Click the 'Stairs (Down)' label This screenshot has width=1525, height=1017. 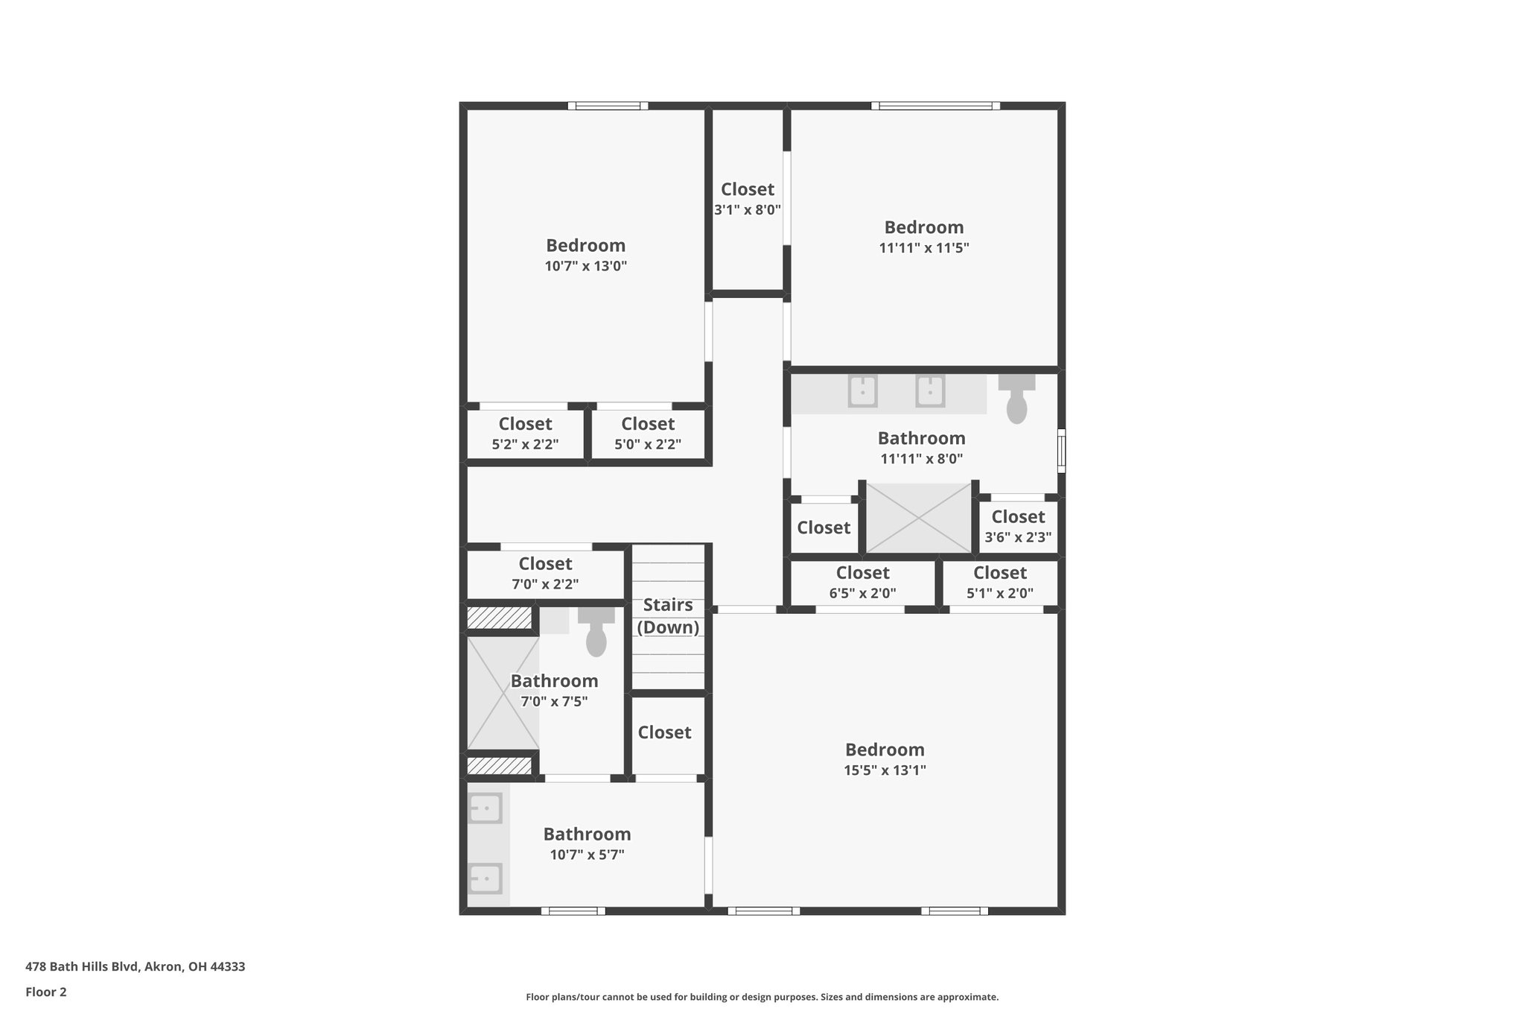click(x=668, y=616)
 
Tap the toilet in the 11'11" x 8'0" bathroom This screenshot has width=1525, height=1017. click(x=1016, y=401)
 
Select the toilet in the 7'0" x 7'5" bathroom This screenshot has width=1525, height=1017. click(x=596, y=634)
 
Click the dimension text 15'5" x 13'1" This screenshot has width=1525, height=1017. click(x=885, y=770)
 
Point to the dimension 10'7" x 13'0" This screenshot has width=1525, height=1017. click(x=586, y=266)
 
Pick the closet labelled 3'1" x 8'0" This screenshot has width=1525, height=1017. click(x=748, y=199)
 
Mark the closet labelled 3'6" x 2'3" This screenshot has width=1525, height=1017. click(x=1018, y=526)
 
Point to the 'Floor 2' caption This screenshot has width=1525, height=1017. click(x=46, y=992)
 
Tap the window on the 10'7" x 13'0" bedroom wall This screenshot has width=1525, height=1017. click(x=608, y=106)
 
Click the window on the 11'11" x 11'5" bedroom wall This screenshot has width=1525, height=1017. click(x=935, y=106)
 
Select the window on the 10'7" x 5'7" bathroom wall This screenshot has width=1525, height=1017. click(x=573, y=910)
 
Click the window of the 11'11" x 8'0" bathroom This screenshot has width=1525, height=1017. click(x=1062, y=450)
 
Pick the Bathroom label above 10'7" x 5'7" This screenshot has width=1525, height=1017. click(x=587, y=834)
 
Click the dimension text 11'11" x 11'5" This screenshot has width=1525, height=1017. click(x=923, y=248)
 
